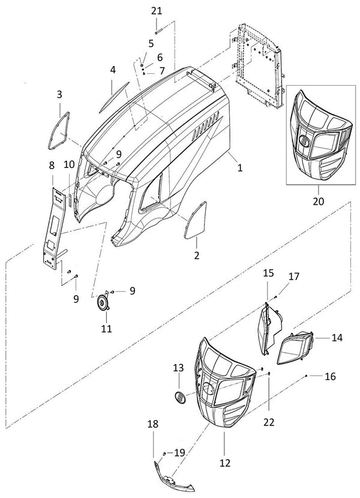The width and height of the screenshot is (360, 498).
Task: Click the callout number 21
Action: click(x=156, y=10)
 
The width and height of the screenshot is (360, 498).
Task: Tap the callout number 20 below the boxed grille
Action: click(x=318, y=201)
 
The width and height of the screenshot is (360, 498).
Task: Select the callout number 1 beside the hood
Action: click(x=239, y=169)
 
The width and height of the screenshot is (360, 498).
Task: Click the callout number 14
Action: click(x=337, y=338)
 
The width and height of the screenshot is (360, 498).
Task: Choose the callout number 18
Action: click(x=153, y=424)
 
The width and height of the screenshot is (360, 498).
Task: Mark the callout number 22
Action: click(x=269, y=422)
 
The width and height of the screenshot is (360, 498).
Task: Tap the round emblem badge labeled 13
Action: click(x=179, y=397)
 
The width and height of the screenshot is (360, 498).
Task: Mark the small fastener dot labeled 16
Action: click(x=307, y=375)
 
